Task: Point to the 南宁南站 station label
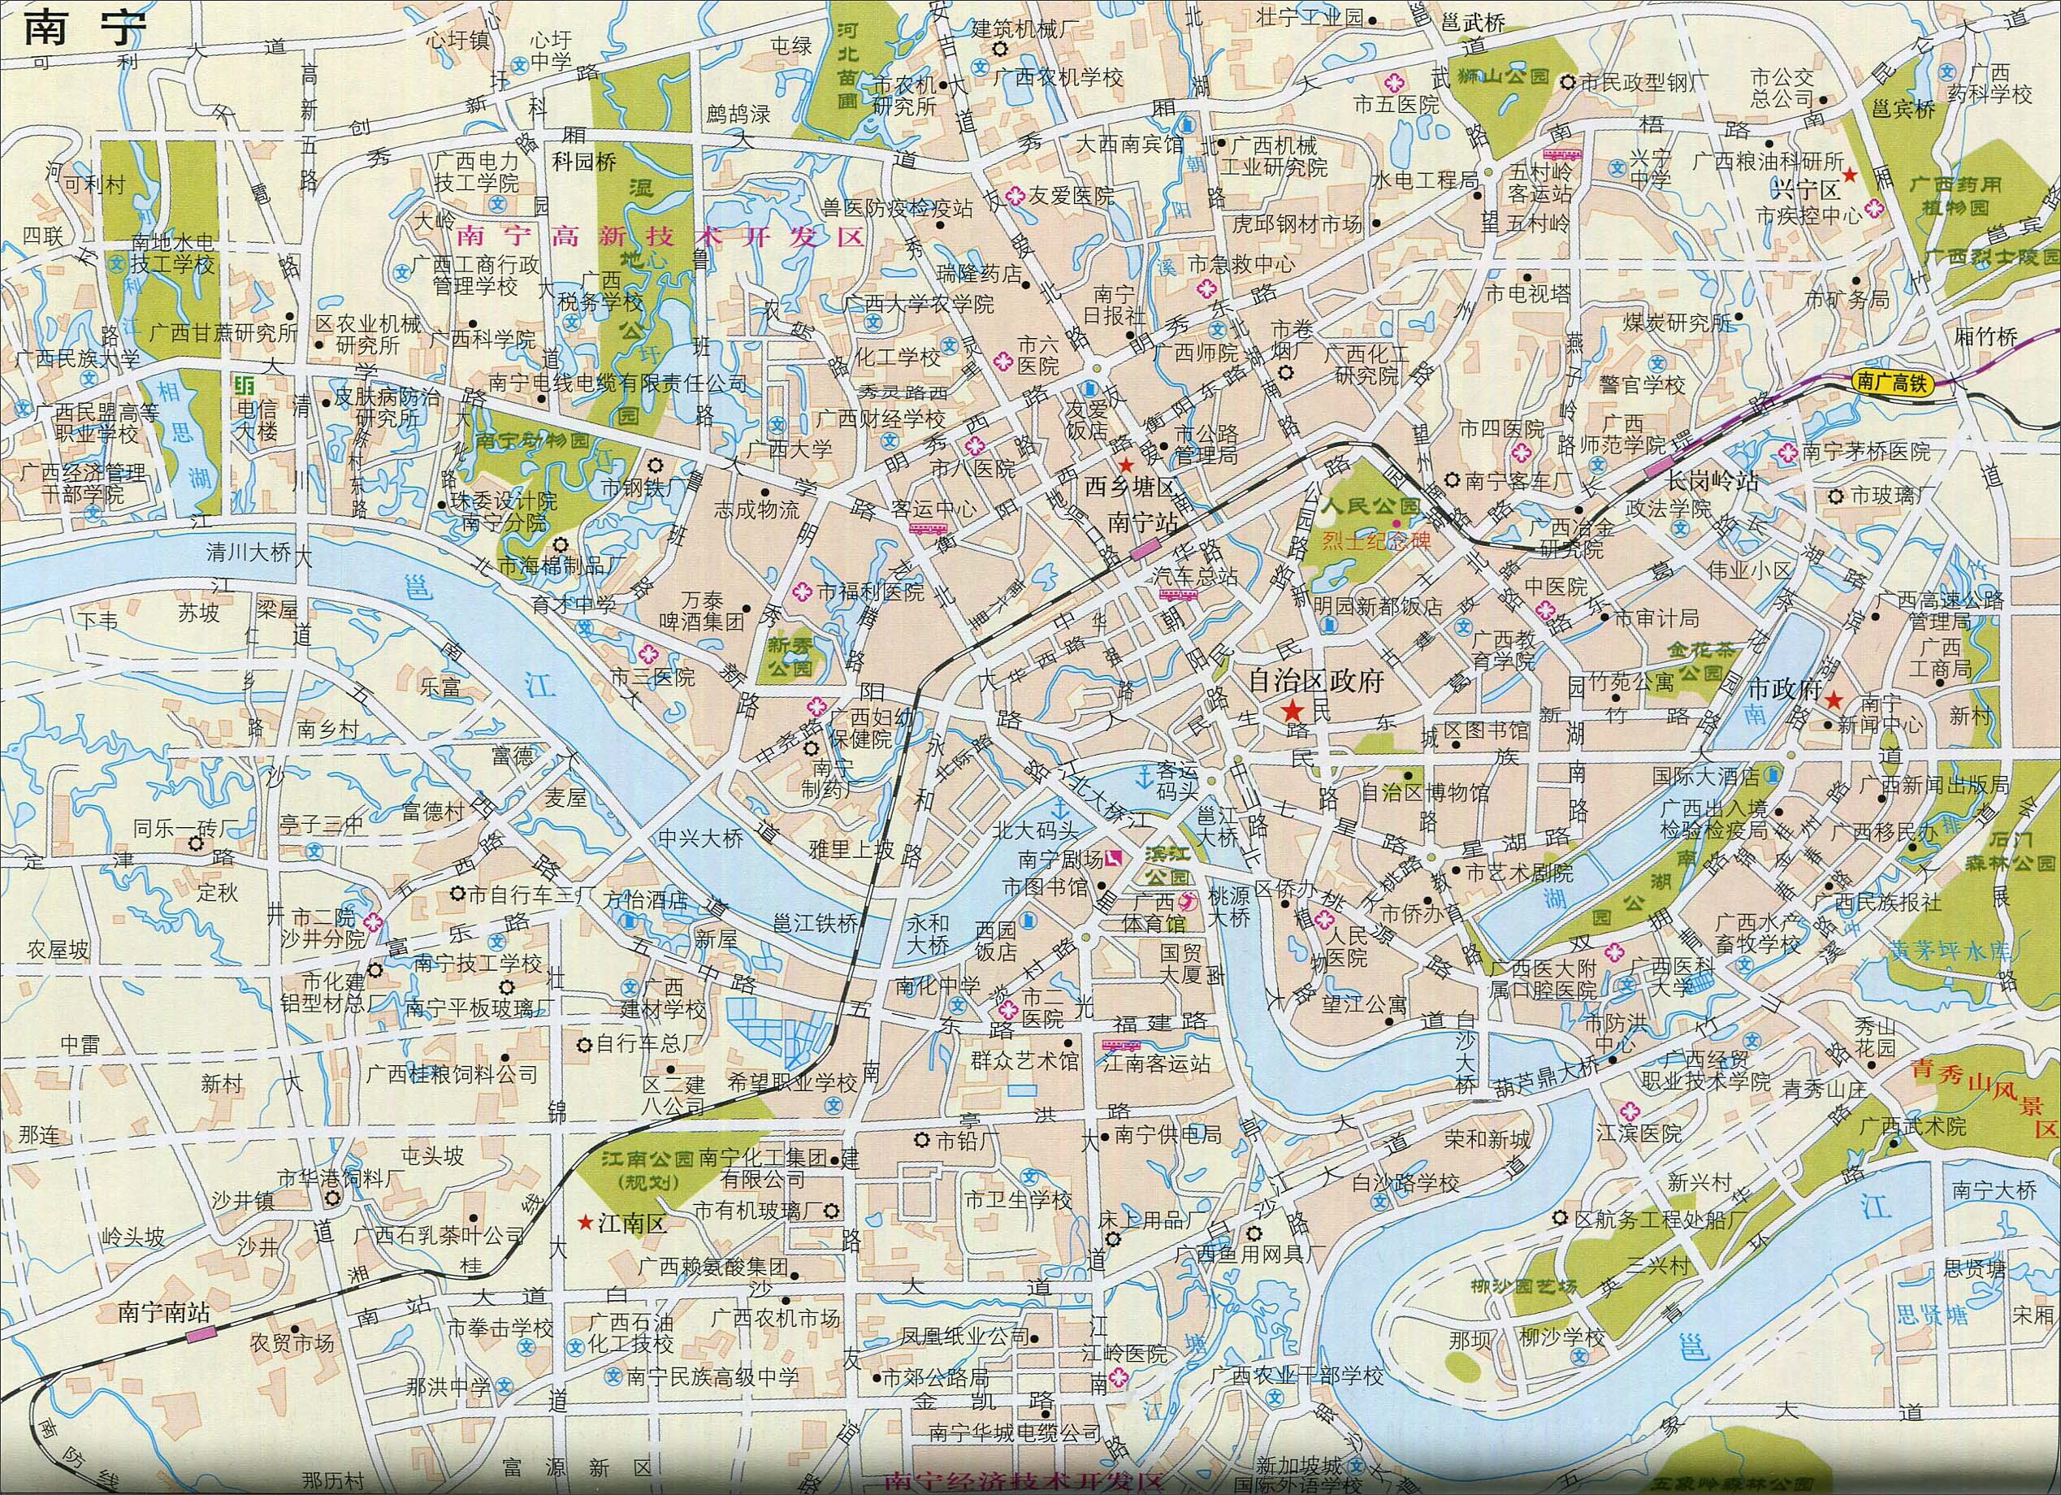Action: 163,1312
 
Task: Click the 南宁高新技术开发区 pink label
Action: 660,238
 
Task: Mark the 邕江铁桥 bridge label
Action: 815,922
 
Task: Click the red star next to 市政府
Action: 1834,700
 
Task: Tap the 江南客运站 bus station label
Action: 1156,1063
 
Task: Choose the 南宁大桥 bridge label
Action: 1994,1190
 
